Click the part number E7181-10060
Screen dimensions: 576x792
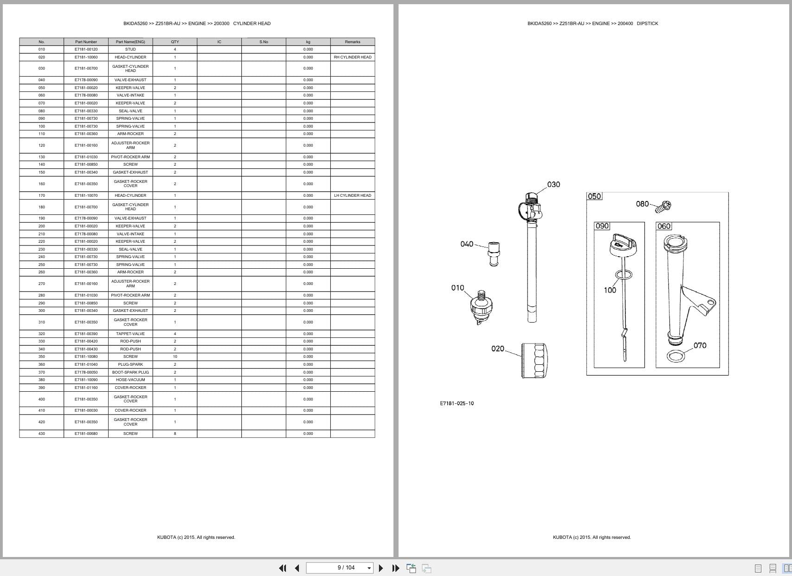86,57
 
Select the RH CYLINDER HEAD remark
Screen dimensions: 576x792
353,57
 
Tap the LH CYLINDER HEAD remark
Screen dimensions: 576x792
353,195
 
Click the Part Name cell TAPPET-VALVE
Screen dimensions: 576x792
130,334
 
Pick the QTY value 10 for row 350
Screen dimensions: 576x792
175,356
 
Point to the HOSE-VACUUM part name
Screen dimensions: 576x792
130,380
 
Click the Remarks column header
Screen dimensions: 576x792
353,42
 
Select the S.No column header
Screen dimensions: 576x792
264,42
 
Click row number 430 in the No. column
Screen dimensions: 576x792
42,434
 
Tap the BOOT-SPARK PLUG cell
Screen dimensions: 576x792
130,372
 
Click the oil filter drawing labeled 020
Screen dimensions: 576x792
535,361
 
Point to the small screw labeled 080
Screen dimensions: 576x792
664,207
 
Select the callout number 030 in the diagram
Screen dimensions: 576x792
554,185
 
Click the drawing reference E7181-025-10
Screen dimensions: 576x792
457,403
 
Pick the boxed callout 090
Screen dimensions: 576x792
602,226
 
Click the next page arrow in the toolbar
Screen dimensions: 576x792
381,568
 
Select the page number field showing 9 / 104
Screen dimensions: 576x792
340,568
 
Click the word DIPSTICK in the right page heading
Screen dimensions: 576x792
647,24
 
